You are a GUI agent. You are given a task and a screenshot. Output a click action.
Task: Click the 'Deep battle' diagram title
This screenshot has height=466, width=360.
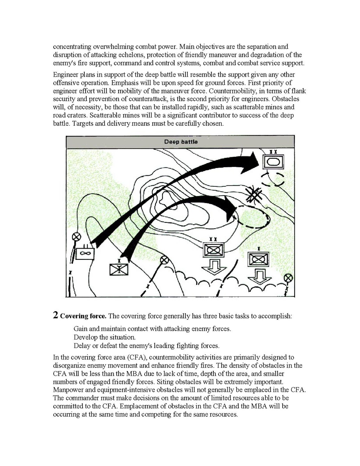tap(180, 142)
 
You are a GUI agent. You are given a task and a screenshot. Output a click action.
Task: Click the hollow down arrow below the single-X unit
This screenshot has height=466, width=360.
tap(260, 275)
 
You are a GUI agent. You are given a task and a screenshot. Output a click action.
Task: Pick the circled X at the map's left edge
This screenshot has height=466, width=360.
tap(77, 236)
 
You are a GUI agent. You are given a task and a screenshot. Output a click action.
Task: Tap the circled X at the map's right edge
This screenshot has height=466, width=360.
tap(288, 278)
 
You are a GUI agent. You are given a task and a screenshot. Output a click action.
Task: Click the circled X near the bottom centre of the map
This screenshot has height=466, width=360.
tap(164, 259)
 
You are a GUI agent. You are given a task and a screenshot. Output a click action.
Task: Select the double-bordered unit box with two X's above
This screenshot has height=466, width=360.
tap(213, 249)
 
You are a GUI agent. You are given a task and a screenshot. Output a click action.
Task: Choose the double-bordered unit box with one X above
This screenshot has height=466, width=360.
tap(259, 258)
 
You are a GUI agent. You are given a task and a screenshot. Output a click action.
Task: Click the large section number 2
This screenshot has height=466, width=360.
tap(56, 315)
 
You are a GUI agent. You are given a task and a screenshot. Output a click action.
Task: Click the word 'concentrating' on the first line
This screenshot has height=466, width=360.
tap(73, 47)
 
